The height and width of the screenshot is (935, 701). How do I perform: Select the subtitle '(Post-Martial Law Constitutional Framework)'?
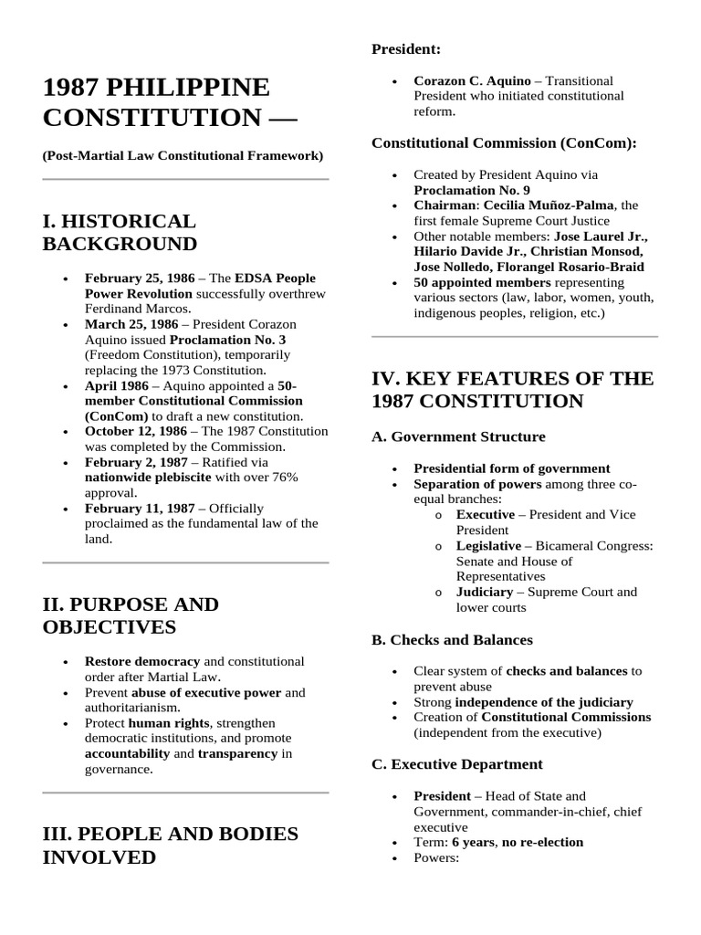click(x=183, y=156)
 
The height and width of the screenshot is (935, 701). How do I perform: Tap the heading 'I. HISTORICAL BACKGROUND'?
click(x=120, y=233)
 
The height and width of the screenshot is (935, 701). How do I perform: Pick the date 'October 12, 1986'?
click(x=133, y=431)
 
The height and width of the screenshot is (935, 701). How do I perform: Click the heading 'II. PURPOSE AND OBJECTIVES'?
click(x=131, y=615)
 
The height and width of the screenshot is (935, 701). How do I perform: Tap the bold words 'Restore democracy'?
click(x=142, y=661)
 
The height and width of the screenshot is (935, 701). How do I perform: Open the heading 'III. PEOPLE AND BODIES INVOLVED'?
click(x=171, y=846)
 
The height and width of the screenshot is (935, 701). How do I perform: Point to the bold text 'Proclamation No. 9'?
click(x=471, y=189)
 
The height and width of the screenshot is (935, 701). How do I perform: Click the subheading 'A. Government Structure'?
click(x=458, y=436)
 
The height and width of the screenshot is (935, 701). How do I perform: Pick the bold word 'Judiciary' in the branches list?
click(x=485, y=592)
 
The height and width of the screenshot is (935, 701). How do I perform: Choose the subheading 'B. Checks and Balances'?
click(x=452, y=640)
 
